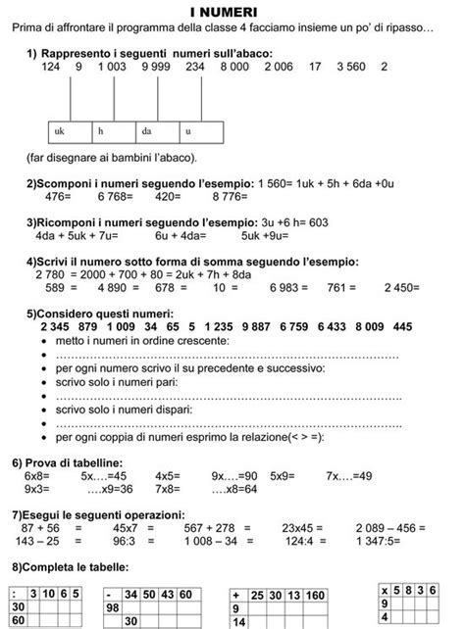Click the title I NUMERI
[x=232, y=10]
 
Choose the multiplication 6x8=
[x=38, y=475]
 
